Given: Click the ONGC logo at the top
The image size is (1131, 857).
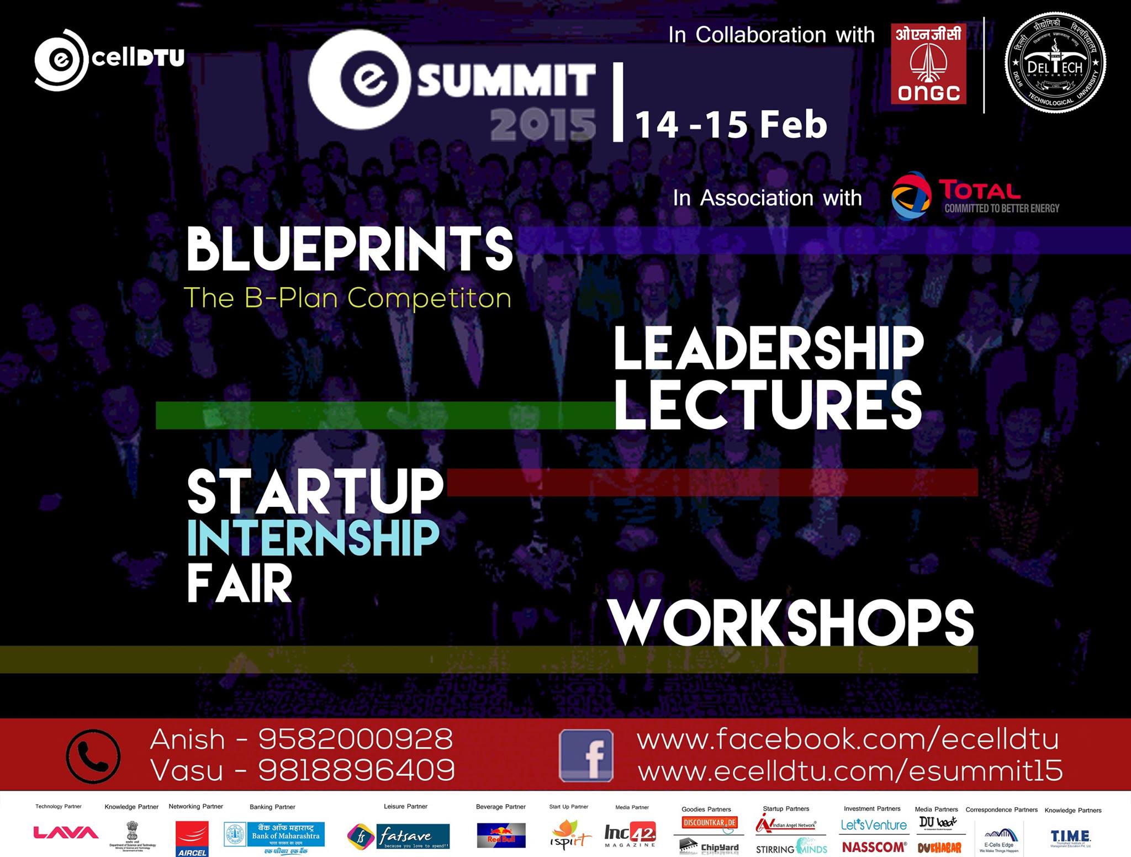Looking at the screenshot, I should (928, 64).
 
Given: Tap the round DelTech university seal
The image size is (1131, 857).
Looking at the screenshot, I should (1055, 64).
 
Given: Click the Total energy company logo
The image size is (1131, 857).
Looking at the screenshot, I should (975, 197).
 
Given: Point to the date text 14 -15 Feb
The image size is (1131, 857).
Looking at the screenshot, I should (731, 125).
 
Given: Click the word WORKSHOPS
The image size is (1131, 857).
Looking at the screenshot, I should (791, 623).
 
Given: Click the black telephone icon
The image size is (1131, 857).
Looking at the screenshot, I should (93, 756).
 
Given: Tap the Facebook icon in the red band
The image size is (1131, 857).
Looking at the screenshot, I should (586, 755).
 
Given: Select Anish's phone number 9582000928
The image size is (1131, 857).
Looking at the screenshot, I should (356, 739).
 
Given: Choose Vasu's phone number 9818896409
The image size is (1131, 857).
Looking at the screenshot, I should (356, 770).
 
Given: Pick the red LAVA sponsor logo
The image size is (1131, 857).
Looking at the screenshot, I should (66, 833).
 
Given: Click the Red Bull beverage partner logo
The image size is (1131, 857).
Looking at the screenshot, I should (501, 835).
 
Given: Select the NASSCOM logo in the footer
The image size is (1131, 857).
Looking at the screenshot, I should (874, 847).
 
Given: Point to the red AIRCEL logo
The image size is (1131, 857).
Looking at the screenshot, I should (192, 838).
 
